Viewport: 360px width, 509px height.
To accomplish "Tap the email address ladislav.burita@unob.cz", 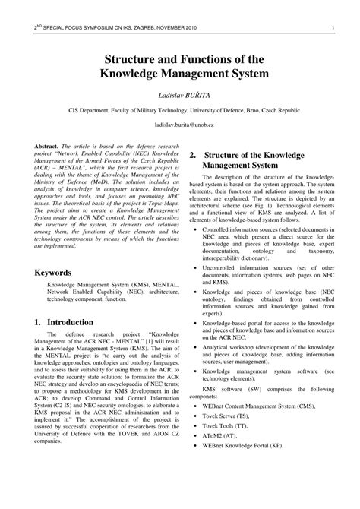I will pos(180,123).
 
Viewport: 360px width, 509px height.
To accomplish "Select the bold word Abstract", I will pos(50,144).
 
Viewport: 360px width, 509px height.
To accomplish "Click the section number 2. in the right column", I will pos(194,156).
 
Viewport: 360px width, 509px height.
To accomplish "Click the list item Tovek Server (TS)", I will pos(231,416).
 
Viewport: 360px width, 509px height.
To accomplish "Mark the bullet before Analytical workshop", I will pos(194,346).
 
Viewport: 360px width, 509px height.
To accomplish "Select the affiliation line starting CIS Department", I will pos(180,109).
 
